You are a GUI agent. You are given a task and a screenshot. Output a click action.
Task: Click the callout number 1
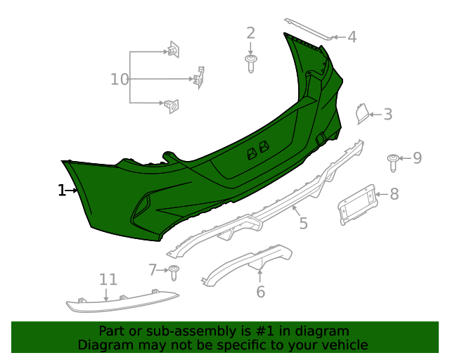pos(61,190)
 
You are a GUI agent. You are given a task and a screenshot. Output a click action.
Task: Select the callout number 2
pos(251,32)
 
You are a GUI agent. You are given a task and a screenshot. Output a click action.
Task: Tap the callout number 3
pos(387,114)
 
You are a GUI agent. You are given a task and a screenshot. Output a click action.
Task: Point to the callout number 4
pos(352,37)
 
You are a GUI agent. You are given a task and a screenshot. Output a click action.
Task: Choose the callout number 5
pos(303,224)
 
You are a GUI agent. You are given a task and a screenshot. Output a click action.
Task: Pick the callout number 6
pos(260,290)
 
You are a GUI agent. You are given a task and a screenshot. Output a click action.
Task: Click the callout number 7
pos(153,269)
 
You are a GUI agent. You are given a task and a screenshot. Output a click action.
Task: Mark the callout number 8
pos(394,193)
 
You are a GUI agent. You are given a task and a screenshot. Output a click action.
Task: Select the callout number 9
pos(417,157)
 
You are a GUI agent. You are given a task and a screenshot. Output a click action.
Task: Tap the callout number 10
pos(120,79)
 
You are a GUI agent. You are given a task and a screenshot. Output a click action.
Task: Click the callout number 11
pos(108,280)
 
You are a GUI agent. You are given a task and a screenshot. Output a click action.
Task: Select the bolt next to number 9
pos(393,163)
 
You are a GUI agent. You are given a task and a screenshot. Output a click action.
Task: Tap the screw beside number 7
pos(174,271)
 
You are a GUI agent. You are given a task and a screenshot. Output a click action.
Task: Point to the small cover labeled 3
pos(361,112)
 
